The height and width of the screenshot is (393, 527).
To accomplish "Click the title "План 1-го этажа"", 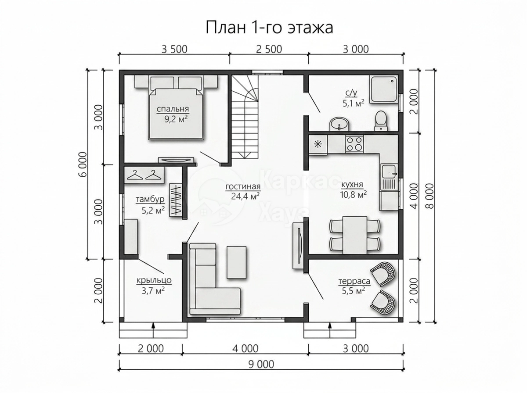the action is click(269, 28).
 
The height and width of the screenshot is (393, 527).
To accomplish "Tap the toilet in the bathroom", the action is click(381, 121).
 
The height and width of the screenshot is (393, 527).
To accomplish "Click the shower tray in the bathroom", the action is click(384, 90).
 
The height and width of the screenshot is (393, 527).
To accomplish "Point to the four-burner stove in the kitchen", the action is click(354, 144).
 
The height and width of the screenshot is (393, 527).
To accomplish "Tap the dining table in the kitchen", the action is click(354, 235).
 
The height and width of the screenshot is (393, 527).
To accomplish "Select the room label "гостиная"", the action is click(243, 187).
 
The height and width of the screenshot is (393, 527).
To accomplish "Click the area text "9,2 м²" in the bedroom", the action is click(176, 119).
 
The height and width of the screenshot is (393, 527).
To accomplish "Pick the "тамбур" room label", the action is click(150, 199).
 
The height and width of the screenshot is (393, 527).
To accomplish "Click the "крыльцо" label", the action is click(154, 280).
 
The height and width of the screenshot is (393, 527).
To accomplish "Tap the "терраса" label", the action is click(354, 281).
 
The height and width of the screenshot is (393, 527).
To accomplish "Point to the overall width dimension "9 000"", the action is click(261, 364).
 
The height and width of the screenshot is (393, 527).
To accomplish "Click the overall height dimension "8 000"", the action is click(430, 196).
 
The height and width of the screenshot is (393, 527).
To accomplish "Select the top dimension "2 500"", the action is click(269, 50).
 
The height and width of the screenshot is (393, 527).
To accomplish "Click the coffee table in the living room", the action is click(236, 262).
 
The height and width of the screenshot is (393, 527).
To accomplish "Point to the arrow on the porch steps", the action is click(153, 330).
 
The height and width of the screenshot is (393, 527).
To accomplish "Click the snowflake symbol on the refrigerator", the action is click(318, 144).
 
